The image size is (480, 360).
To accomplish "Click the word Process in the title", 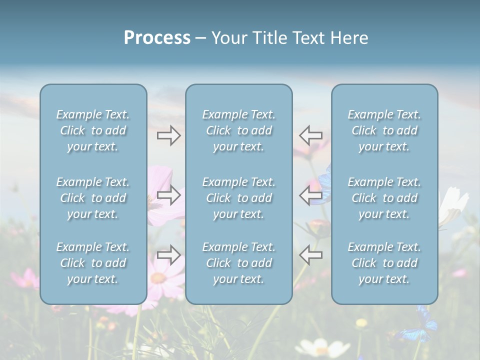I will [x=157, y=38].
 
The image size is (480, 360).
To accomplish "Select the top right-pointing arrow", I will [x=168, y=135].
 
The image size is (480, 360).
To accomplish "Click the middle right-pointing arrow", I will [x=168, y=195].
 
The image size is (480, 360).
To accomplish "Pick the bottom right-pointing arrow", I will [x=168, y=255].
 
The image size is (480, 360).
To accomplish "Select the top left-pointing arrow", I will [x=310, y=135].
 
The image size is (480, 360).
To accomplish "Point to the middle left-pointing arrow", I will [x=310, y=195].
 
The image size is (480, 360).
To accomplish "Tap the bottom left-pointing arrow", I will [x=310, y=255].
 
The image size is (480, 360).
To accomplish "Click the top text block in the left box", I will [x=93, y=130].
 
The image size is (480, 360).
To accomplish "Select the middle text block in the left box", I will [x=93, y=198].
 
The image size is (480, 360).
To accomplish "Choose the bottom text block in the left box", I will [x=93, y=263].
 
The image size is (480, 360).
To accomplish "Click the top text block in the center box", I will [x=239, y=130].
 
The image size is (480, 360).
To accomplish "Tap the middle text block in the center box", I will [x=239, y=198].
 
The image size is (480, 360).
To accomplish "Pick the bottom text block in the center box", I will [x=239, y=263].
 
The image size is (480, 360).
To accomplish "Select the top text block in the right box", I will [x=384, y=130].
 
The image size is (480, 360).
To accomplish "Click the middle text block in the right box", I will [x=384, y=198].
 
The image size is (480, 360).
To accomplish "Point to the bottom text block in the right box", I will [x=384, y=263].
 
